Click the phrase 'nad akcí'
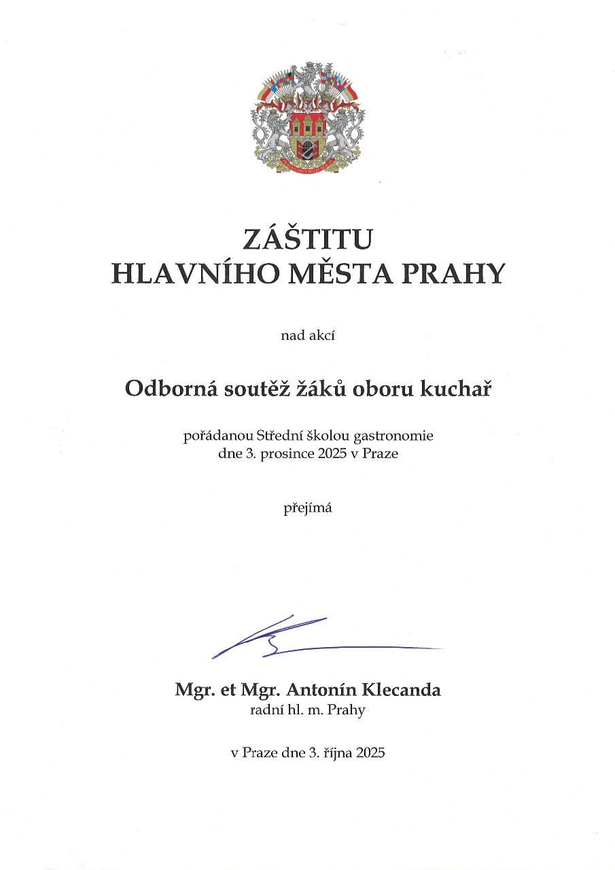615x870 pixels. [x=307, y=334]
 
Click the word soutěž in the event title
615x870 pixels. [x=244, y=389]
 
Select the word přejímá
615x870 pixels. [x=307, y=508]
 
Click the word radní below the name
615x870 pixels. [x=266, y=711]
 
